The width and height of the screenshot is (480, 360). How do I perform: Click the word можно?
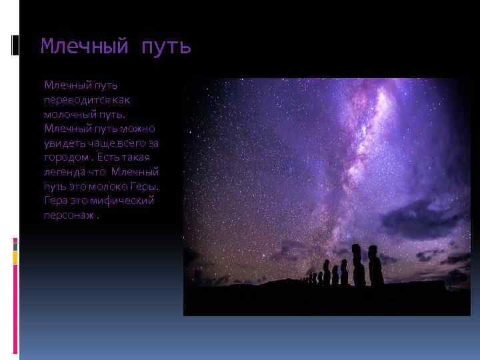[139, 128]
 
